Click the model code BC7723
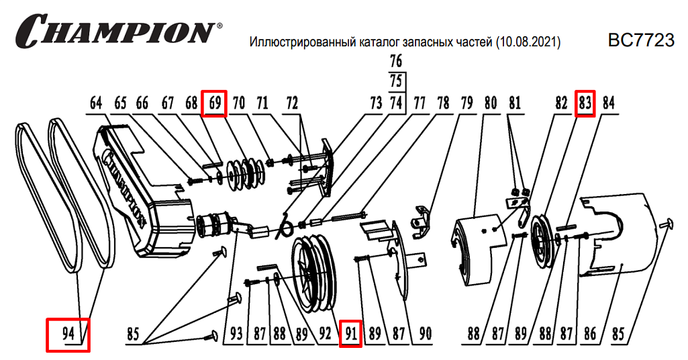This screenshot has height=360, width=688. [x=640, y=41]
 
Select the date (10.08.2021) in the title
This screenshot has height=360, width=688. [x=528, y=42]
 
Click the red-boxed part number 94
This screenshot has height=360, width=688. [x=67, y=333]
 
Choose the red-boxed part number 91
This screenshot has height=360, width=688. [x=350, y=333]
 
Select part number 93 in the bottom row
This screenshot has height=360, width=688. [x=234, y=333]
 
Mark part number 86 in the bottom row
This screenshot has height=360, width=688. [x=591, y=333]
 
